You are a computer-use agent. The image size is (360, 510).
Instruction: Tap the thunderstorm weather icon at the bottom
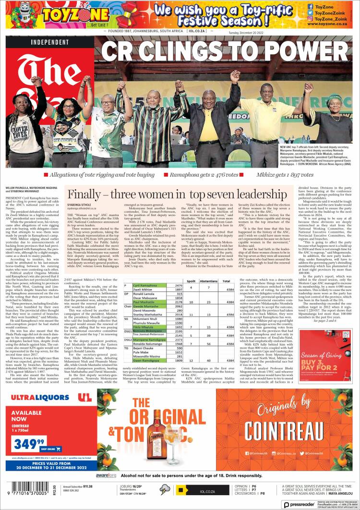tap(164, 490)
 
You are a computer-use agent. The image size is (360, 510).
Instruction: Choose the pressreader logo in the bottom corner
tap(302, 505)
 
